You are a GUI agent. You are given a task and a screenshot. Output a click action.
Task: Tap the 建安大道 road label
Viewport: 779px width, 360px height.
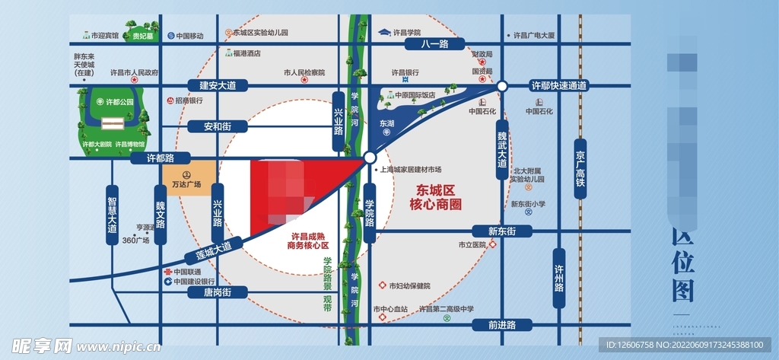218,86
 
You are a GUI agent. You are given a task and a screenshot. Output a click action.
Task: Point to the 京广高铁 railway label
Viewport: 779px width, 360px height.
580,169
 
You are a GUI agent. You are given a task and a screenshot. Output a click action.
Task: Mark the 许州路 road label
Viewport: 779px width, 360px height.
559,278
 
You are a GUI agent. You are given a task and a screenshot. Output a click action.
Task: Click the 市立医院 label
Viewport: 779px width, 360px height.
472,245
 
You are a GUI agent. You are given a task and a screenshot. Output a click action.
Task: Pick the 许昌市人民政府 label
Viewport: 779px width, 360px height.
134,73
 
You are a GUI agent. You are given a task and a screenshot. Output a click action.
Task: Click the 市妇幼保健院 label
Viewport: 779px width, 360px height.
409,286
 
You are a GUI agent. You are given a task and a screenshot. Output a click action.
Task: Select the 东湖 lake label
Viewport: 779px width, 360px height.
386,123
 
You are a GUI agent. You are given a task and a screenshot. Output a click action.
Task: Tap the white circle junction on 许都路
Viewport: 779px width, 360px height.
369,158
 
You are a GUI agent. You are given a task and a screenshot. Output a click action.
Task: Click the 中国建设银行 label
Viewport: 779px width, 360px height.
198,282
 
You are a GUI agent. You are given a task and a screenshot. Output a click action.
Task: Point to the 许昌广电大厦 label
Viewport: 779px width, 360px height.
534,36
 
